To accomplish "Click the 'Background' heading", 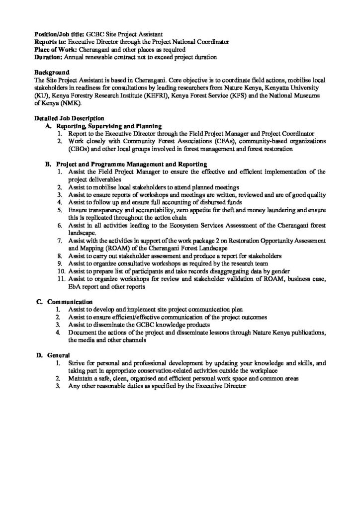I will click(x=51, y=73).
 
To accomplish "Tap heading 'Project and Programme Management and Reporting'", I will click(x=132, y=164).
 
